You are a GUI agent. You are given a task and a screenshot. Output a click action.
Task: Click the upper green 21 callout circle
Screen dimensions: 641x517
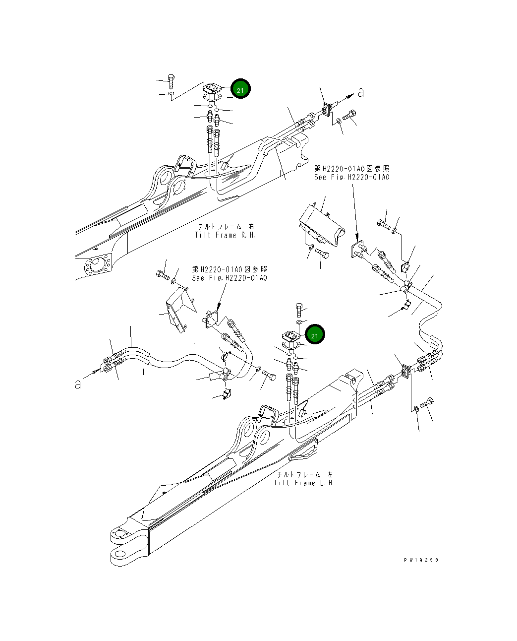(x=240, y=89)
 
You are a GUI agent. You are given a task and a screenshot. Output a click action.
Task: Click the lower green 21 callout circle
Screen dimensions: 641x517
(x=315, y=335)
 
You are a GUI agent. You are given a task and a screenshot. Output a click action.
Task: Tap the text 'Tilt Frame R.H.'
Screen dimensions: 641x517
(x=225, y=235)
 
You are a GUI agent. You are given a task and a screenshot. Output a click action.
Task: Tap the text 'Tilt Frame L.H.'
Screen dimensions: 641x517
(x=303, y=483)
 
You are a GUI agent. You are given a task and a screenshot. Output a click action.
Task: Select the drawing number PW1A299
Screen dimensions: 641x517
(x=421, y=560)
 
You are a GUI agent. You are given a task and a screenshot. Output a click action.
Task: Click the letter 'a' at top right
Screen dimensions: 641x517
(x=361, y=92)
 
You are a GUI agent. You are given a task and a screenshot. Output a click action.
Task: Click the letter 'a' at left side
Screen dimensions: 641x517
(x=78, y=384)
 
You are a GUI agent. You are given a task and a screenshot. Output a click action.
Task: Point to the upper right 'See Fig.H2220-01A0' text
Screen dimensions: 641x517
(x=351, y=177)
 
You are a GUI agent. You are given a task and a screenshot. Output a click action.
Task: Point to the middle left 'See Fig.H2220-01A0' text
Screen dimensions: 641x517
(x=230, y=278)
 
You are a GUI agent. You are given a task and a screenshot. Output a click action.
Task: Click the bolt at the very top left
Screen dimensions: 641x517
(x=171, y=79)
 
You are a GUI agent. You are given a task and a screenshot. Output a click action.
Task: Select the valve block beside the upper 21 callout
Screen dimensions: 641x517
(x=212, y=89)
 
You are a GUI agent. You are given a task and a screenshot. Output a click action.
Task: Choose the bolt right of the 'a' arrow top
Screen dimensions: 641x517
(x=349, y=116)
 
